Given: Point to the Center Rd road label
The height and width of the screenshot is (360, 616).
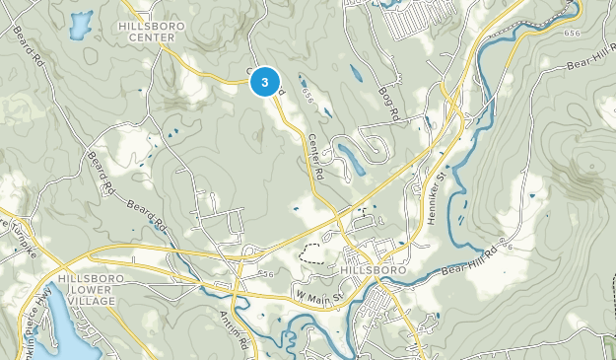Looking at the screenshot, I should pyautogui.click(x=316, y=156).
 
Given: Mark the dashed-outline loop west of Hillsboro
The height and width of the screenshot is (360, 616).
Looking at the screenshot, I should pyautogui.click(x=310, y=252).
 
